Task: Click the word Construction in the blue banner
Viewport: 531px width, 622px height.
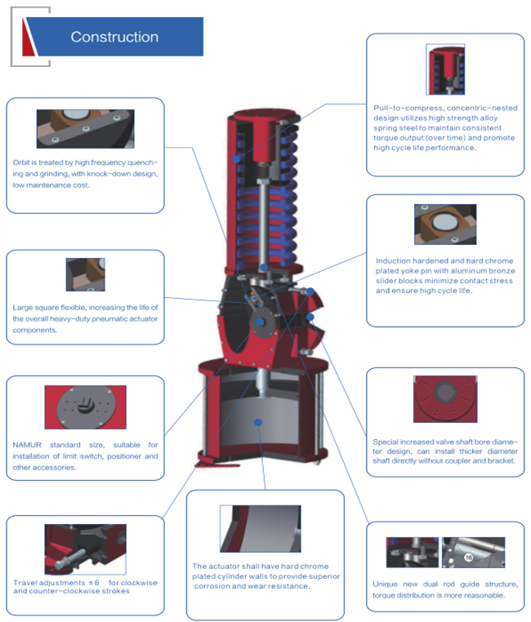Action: [x=114, y=37]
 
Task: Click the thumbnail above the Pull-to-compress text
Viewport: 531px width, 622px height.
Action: [x=445, y=69]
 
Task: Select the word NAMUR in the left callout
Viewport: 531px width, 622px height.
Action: [x=27, y=445]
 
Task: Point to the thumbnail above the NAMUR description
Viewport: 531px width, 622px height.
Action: [x=85, y=407]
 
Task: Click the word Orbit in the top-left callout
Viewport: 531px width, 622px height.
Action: [x=20, y=162]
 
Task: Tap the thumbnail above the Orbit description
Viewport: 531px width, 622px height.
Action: [x=85, y=129]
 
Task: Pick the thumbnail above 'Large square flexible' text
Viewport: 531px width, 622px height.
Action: [x=85, y=274]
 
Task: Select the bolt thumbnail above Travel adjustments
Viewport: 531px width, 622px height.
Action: [x=85, y=549]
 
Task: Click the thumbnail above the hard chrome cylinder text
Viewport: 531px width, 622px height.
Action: [x=261, y=528]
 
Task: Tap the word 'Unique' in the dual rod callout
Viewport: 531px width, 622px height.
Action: [x=385, y=584]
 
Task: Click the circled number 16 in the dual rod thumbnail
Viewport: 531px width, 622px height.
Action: [x=469, y=558]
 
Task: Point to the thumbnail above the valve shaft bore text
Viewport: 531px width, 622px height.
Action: [x=445, y=398]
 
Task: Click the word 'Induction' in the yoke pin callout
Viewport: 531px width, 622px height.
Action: [x=392, y=260]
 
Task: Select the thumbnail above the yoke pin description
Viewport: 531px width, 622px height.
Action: [x=445, y=224]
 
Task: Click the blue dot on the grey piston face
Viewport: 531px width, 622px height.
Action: [x=258, y=423]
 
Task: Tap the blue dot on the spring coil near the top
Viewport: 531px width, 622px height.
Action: [x=236, y=159]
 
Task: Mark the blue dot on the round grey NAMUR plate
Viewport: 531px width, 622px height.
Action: [x=260, y=322]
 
